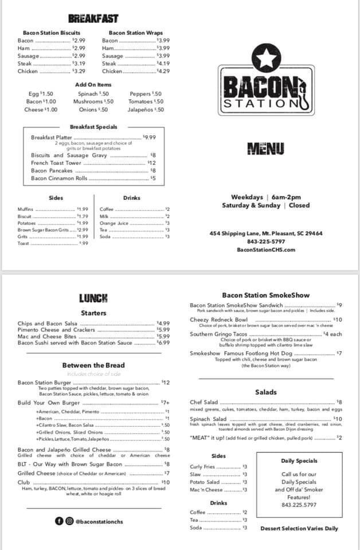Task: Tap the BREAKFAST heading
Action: point(93,19)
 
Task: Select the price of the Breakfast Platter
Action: point(149,137)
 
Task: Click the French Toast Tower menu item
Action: point(56,163)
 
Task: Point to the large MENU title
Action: point(265,150)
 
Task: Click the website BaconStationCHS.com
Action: point(266,249)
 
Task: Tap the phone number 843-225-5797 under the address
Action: point(266,241)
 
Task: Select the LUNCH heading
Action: point(93,298)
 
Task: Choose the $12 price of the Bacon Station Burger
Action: point(166,382)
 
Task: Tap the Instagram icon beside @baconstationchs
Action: point(69,521)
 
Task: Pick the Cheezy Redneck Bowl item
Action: point(218,320)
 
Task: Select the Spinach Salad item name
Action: point(208,419)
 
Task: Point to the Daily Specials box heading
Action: point(299,460)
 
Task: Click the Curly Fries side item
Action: point(202,466)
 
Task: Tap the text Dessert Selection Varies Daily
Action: point(299,528)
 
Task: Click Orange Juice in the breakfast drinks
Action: point(114,223)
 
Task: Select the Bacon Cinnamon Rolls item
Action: point(59,178)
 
